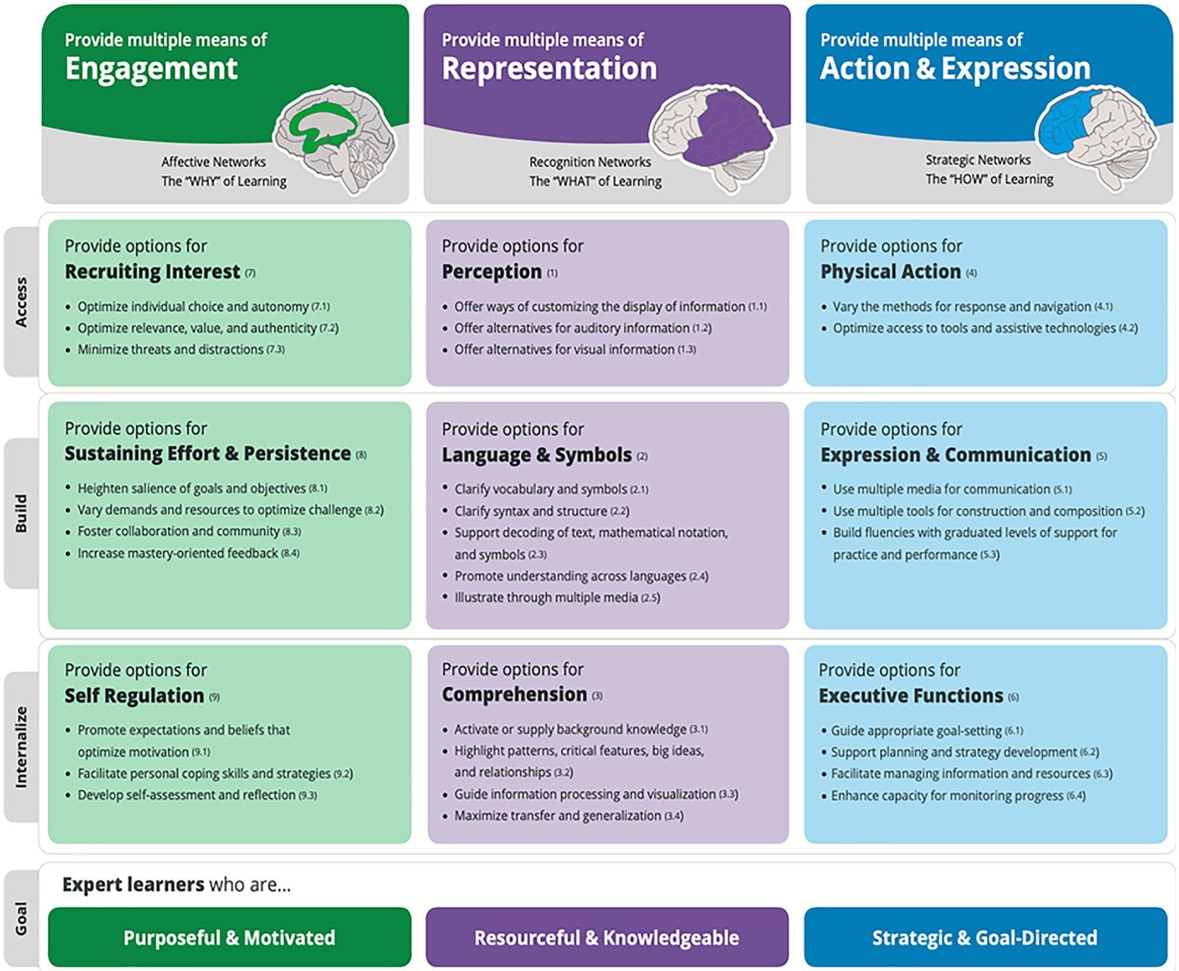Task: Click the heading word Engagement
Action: point(151,68)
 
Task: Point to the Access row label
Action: point(21,302)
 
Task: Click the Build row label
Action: point(21,513)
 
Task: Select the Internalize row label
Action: point(21,747)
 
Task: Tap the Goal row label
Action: point(21,918)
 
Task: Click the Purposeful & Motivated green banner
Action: point(229,937)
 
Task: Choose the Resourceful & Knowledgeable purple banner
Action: point(607,937)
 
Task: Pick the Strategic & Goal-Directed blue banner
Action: point(985,937)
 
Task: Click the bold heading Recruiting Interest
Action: point(152,272)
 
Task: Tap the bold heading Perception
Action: point(492,272)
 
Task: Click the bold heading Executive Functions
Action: point(911,696)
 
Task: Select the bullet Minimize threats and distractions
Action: point(171,349)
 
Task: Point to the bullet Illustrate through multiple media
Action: point(546,597)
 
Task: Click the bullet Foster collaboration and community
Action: point(179,531)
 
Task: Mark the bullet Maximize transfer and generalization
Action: point(558,816)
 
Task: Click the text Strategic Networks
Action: point(977,160)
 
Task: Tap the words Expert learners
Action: point(133,884)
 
